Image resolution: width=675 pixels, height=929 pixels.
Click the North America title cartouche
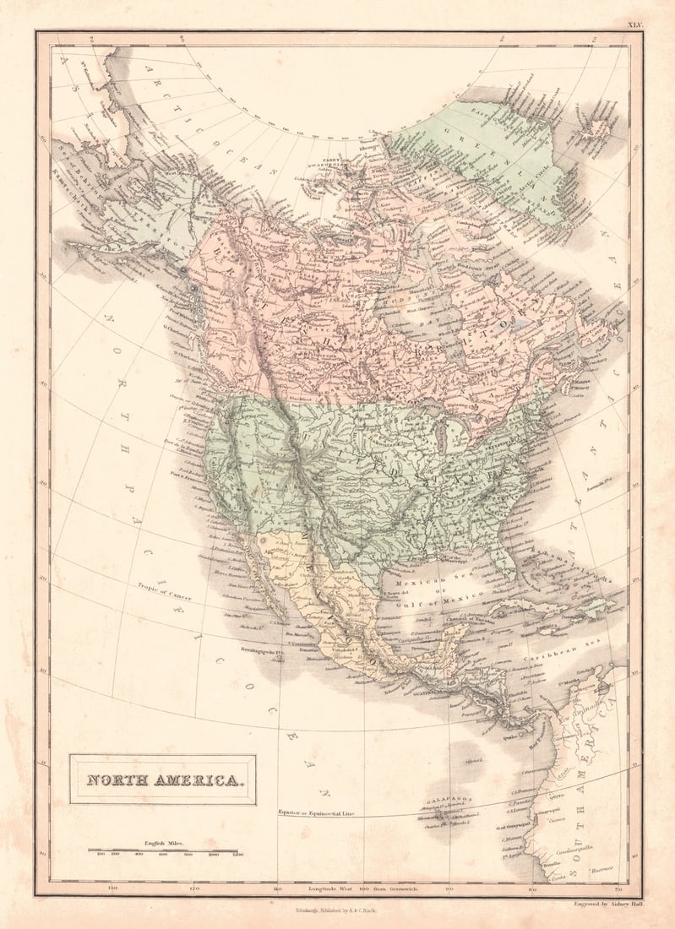162,780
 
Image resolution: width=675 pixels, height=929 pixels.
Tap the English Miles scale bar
163,850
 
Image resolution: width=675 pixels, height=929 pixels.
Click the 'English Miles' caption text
163,843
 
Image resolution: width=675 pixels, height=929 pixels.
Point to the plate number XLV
634,25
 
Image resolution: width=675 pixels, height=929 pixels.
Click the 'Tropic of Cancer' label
166,591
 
